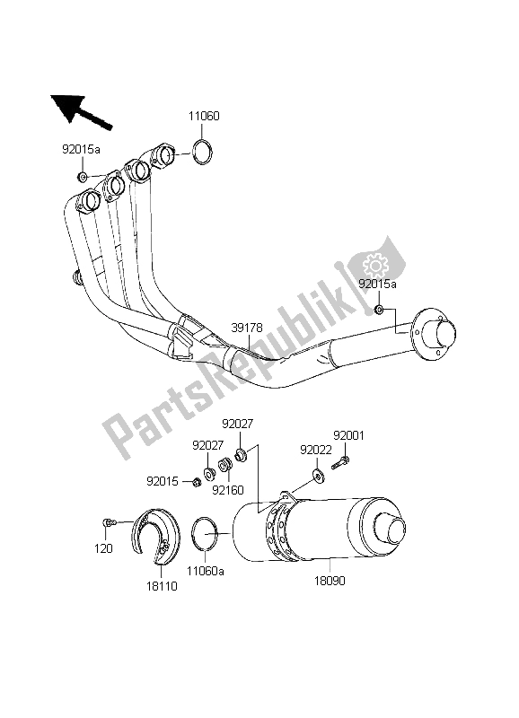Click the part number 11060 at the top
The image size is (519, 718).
point(205,117)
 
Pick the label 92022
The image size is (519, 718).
point(316,449)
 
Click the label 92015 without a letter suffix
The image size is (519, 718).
point(163,480)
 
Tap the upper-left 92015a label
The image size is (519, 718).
point(82,153)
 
